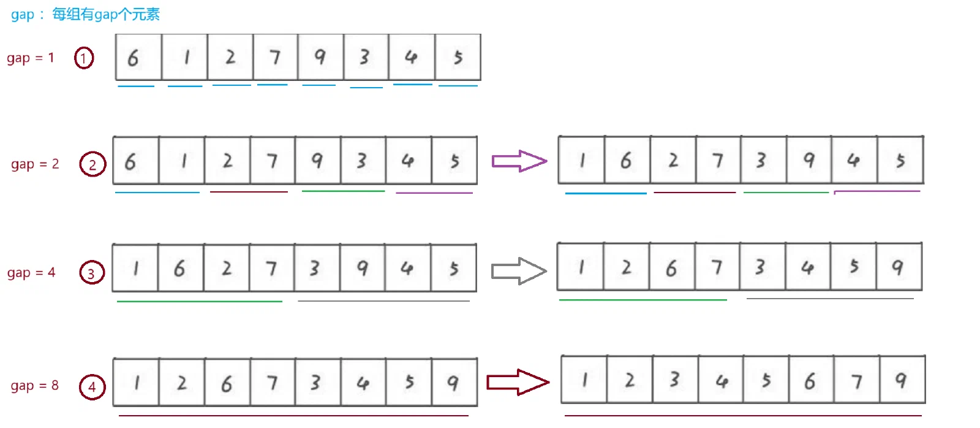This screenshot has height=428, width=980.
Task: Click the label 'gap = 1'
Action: (30, 58)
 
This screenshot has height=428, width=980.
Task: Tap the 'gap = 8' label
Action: (34, 386)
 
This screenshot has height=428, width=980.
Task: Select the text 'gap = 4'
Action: (31, 272)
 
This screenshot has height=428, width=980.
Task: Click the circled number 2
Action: (92, 164)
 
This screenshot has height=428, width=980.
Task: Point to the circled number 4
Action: (92, 387)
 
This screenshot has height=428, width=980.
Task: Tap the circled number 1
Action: (83, 58)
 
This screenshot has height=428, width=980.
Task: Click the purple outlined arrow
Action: (519, 161)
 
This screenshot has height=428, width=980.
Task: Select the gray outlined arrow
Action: (519, 271)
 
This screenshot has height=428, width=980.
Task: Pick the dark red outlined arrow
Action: (518, 382)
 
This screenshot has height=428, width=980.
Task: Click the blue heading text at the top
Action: (85, 15)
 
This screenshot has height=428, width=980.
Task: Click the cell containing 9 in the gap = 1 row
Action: (321, 57)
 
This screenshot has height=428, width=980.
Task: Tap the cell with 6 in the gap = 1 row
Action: (138, 57)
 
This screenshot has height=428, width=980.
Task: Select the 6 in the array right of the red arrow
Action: (811, 380)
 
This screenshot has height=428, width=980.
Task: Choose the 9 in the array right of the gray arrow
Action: (899, 267)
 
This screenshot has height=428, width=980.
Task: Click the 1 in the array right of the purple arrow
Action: (581, 160)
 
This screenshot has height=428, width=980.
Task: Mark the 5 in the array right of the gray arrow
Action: (853, 267)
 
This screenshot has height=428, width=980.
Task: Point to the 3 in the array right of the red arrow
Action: (675, 380)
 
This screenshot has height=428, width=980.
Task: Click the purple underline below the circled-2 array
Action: (434, 193)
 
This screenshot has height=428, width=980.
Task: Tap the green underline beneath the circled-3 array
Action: (200, 302)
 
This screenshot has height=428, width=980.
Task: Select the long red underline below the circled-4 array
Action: (293, 415)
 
